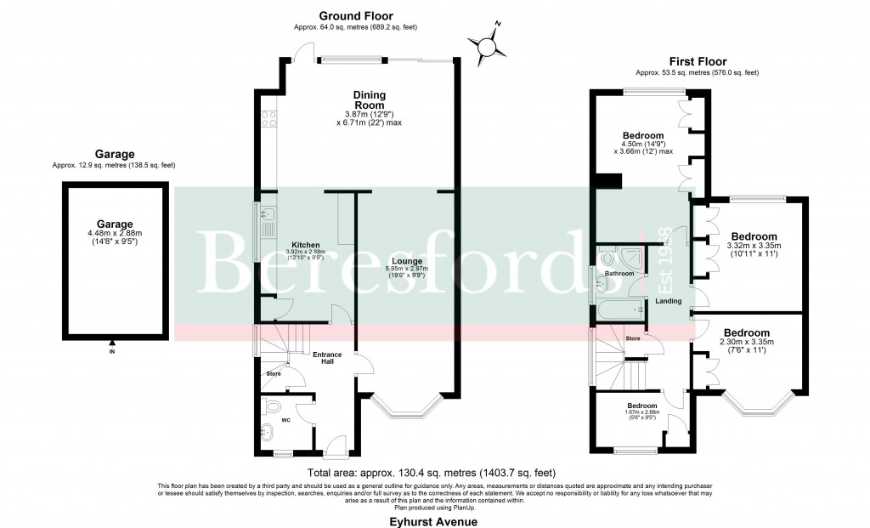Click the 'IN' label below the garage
pyautogui.click(x=111, y=350)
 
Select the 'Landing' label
pyautogui.click(x=667, y=301)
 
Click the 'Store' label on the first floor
pyautogui.click(x=632, y=338)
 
